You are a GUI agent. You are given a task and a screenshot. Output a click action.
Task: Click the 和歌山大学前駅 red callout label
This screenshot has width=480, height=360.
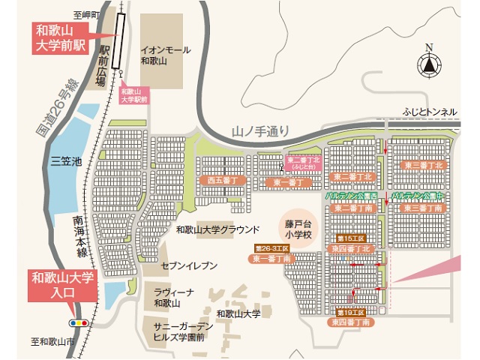[61, 37]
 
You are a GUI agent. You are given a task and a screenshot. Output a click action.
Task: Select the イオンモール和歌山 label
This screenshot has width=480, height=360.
[166, 55]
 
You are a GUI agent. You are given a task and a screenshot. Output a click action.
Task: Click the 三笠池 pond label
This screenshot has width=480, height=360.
[64, 160]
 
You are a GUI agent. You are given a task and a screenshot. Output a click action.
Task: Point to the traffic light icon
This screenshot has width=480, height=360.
[77, 323]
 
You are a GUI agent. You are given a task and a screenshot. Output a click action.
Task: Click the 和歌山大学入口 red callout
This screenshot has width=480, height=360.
[63, 285]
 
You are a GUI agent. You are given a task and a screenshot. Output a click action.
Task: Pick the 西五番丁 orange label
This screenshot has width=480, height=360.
[223, 180]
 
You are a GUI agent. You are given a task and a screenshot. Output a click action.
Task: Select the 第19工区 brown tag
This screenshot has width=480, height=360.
[350, 311]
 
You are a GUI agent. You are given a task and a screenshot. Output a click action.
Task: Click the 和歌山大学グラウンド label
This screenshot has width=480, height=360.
[217, 229]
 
